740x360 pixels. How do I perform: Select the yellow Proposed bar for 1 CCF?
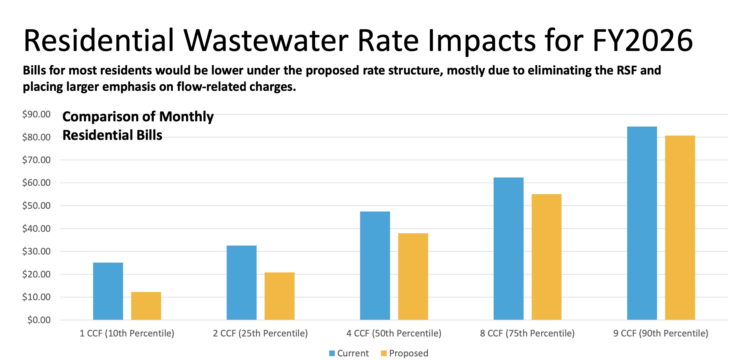click(x=146, y=306)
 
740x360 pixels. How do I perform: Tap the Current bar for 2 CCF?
click(x=241, y=282)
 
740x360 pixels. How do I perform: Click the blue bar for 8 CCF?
click(x=509, y=248)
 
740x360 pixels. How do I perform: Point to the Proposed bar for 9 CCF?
click(x=680, y=227)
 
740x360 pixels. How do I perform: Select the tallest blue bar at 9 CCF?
click(x=642, y=223)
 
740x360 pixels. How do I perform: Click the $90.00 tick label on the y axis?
click(x=37, y=114)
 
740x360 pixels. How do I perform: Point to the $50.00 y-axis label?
click(x=37, y=205)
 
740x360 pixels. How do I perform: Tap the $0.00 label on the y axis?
click(x=39, y=320)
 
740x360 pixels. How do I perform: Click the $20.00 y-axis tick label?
click(x=37, y=274)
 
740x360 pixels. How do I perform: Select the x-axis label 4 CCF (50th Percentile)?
click(x=394, y=333)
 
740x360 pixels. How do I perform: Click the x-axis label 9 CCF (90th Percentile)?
click(x=661, y=333)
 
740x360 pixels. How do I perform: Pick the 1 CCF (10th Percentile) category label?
click(x=127, y=333)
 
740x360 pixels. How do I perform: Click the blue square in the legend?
click(x=332, y=353)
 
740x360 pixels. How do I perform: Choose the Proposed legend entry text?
click(x=409, y=353)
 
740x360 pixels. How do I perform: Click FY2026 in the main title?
click(x=642, y=41)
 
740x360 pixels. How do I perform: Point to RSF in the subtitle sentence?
click(x=627, y=70)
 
